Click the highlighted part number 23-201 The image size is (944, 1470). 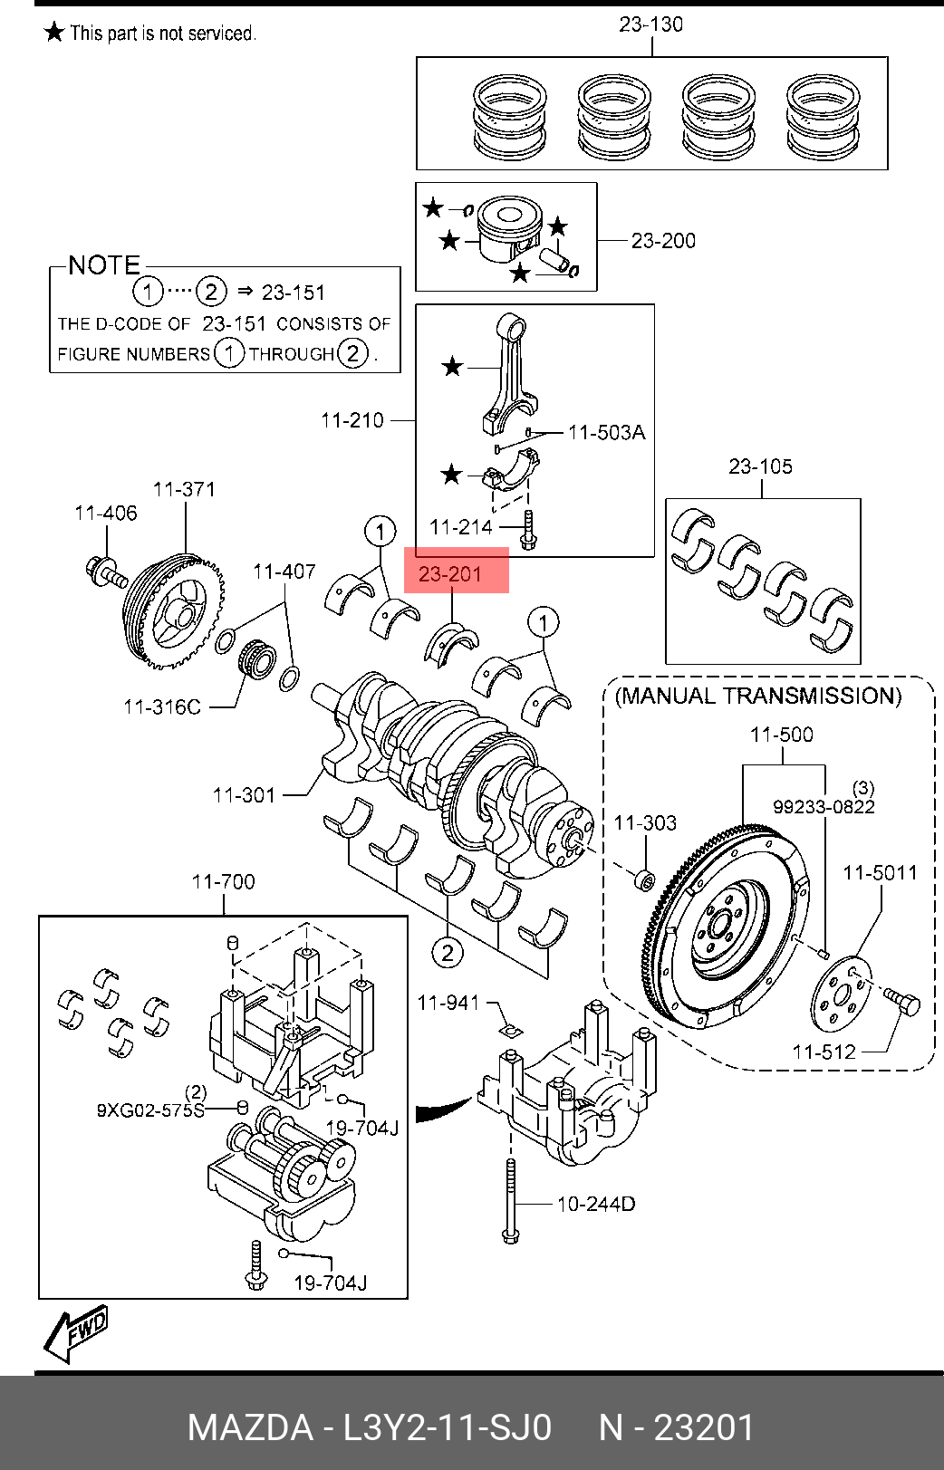click(450, 574)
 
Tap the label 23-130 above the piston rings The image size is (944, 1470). click(650, 24)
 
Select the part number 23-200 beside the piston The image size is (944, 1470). click(663, 241)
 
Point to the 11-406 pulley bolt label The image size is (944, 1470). click(106, 514)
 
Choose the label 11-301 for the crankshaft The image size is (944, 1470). click(244, 795)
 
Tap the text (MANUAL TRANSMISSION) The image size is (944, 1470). click(758, 696)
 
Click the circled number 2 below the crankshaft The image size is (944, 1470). click(448, 952)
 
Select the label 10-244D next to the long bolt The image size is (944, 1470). click(595, 1204)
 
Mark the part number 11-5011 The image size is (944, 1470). click(880, 872)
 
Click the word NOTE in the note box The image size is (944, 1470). click(104, 265)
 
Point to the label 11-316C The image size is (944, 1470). click(162, 706)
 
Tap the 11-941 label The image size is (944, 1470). click(448, 1003)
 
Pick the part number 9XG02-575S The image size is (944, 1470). click(150, 1110)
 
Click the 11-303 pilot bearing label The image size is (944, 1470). click(645, 822)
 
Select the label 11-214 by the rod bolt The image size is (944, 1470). click(460, 527)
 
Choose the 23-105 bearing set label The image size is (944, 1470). click(760, 466)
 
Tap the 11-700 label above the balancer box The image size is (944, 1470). click(223, 881)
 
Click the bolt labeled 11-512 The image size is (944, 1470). click(902, 1003)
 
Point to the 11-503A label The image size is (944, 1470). click(607, 433)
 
